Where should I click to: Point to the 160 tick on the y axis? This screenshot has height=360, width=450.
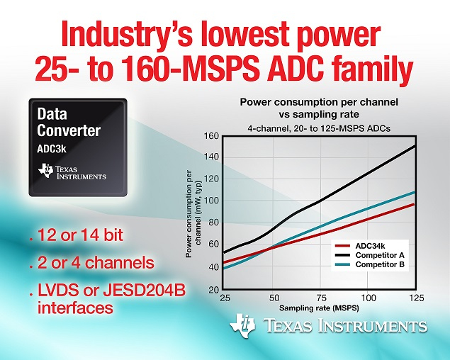tap(210, 136)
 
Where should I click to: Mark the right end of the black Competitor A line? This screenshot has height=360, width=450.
tap(415, 145)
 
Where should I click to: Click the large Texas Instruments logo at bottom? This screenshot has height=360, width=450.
tap(327, 327)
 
